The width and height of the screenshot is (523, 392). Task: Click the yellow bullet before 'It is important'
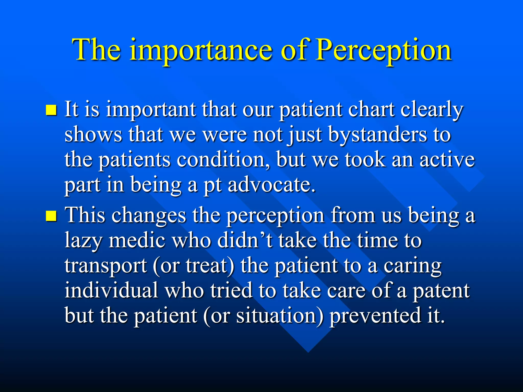[51, 110]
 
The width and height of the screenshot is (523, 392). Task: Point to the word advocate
[271, 185]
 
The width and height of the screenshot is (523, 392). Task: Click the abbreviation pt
[212, 185]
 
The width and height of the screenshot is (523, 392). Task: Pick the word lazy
[83, 241]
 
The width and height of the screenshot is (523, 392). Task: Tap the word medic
[137, 240]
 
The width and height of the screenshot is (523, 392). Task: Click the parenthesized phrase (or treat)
[193, 265]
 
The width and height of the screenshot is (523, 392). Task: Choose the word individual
[111, 290]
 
